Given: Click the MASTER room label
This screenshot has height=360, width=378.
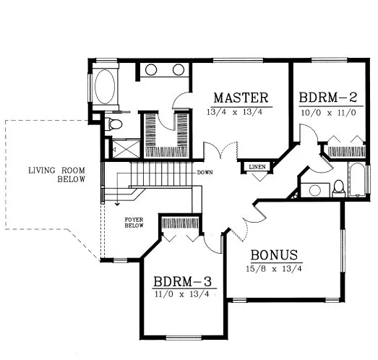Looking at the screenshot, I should (241, 98).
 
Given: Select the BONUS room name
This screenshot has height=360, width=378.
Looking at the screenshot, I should (275, 256).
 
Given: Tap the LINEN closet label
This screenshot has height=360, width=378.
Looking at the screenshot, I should (257, 167).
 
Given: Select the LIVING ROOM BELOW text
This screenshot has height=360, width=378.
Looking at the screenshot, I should (57, 175).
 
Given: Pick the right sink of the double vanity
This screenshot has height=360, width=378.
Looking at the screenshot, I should (179, 70).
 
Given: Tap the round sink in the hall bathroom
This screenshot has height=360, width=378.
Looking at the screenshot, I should (314, 191).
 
